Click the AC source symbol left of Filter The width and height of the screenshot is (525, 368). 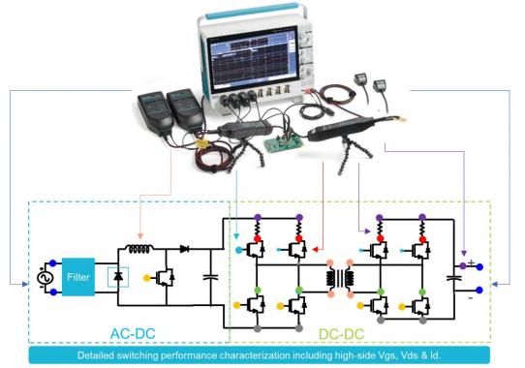(x=44, y=277)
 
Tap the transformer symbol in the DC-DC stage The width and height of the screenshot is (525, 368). (x=342, y=278)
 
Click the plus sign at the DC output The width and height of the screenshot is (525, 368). (x=471, y=261)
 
